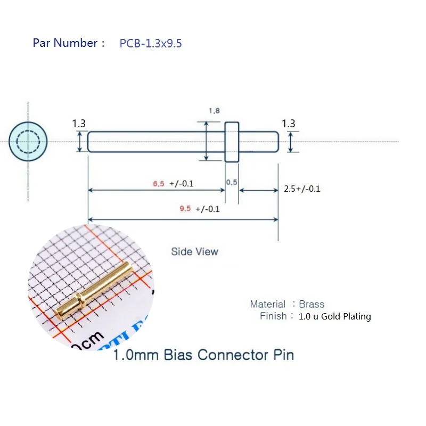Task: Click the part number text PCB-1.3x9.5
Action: (151, 44)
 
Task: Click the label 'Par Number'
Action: (65, 43)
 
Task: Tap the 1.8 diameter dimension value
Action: (214, 111)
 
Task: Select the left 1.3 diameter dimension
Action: (79, 124)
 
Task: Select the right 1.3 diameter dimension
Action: (289, 124)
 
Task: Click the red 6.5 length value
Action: (158, 184)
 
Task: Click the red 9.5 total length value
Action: (185, 209)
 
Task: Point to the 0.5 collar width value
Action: (232, 182)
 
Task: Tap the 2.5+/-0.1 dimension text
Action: (302, 189)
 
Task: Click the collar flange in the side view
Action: (232, 142)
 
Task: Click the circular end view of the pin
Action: (28, 141)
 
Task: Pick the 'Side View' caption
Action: (194, 251)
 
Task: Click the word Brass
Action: (312, 304)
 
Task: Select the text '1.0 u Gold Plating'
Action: (335, 316)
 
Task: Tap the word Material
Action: (268, 304)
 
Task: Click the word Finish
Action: (273, 316)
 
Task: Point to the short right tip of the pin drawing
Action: (259, 142)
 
